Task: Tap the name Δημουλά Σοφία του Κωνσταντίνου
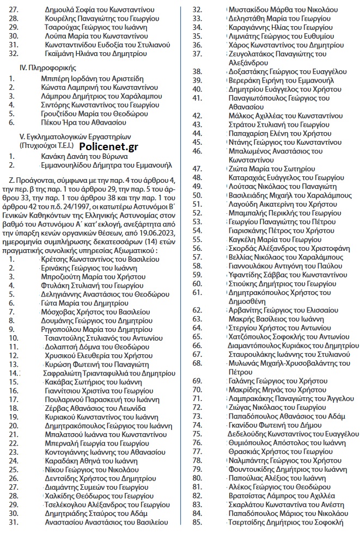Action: coord(100,10)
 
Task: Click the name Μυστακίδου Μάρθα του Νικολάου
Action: coord(282,10)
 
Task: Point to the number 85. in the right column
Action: coord(198,522)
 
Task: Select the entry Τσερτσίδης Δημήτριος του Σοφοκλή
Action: coord(285,522)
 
